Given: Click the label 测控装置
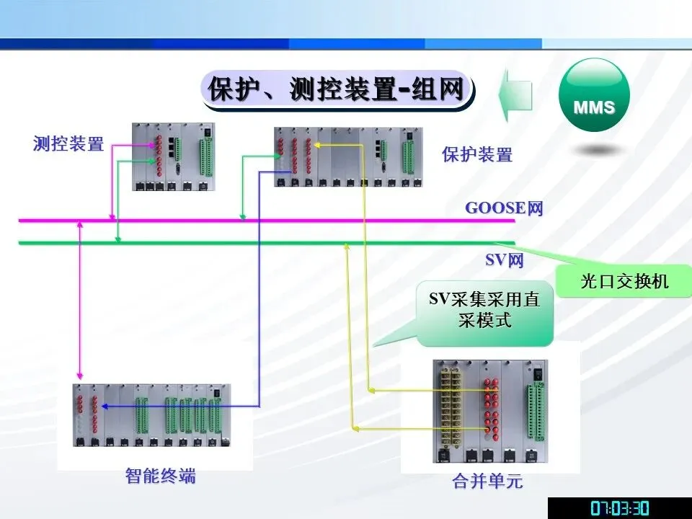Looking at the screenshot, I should (68, 143).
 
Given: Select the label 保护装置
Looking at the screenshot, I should (477, 154).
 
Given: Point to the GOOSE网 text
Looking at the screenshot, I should (503, 209).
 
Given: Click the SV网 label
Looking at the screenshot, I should (504, 260).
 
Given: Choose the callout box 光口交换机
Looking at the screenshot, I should (624, 281).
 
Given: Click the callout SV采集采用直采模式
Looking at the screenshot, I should (484, 311).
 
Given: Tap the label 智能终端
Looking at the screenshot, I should (160, 476).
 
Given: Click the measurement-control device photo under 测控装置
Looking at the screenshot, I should (174, 156).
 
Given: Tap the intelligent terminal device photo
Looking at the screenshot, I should (151, 417).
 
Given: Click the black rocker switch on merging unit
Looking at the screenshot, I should (535, 375).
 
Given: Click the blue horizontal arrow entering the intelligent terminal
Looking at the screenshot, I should (180, 406).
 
